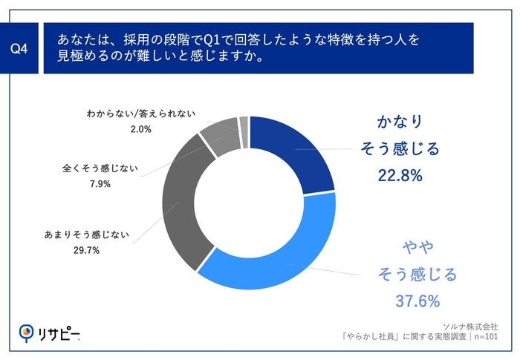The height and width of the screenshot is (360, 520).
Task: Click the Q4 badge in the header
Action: (x=22, y=49)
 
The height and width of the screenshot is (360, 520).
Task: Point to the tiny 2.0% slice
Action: (x=244, y=122)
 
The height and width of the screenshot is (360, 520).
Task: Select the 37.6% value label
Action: (x=417, y=301)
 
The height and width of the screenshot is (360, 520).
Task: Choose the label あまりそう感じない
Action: (x=88, y=235)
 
